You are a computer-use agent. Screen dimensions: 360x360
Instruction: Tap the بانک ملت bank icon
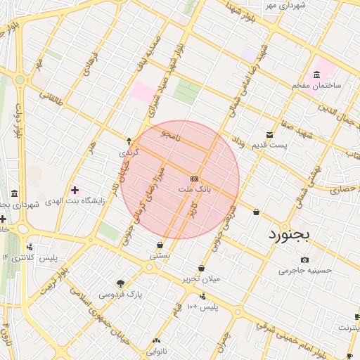195,178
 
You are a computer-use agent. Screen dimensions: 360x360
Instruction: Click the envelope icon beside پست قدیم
269,134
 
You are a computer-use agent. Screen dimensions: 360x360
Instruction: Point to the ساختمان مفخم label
317,85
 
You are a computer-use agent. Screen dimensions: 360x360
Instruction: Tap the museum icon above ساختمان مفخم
317,74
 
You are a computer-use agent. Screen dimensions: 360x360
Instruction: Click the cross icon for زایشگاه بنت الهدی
75,190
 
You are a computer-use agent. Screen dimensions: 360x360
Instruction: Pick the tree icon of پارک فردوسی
121,283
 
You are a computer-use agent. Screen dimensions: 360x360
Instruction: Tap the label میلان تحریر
202,278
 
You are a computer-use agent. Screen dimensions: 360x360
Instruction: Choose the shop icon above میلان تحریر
202,268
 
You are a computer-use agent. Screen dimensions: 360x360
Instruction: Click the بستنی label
160,257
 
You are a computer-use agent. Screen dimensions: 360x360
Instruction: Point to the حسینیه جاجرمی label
304,269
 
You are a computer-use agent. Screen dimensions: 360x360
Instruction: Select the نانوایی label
155,349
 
